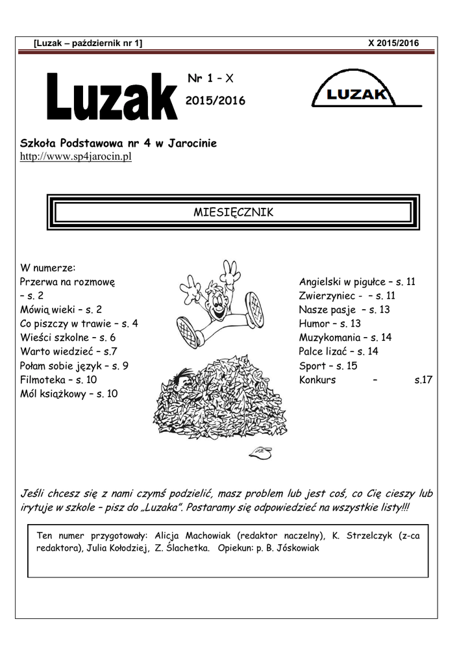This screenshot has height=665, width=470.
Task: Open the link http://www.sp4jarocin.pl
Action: [76, 157]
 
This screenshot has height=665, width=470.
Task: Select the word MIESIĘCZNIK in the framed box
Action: [234, 212]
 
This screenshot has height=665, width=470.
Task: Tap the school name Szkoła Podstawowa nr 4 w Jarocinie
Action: [118, 143]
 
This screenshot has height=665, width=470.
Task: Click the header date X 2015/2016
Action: [393, 43]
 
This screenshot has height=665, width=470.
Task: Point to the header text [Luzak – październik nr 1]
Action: [88, 43]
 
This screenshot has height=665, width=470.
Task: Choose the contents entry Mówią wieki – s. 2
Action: [61, 310]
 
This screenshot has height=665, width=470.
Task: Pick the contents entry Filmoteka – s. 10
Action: [58, 380]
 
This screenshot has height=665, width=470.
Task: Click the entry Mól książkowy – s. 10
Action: [69, 394]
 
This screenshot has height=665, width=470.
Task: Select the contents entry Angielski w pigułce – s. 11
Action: [357, 282]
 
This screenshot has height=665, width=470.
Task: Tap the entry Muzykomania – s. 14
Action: [345, 338]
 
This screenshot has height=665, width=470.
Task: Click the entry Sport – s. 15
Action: [328, 366]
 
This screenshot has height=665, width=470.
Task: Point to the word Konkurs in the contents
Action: [317, 380]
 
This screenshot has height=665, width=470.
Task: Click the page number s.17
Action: [423, 380]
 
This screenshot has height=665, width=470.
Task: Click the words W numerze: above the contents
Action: [48, 268]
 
